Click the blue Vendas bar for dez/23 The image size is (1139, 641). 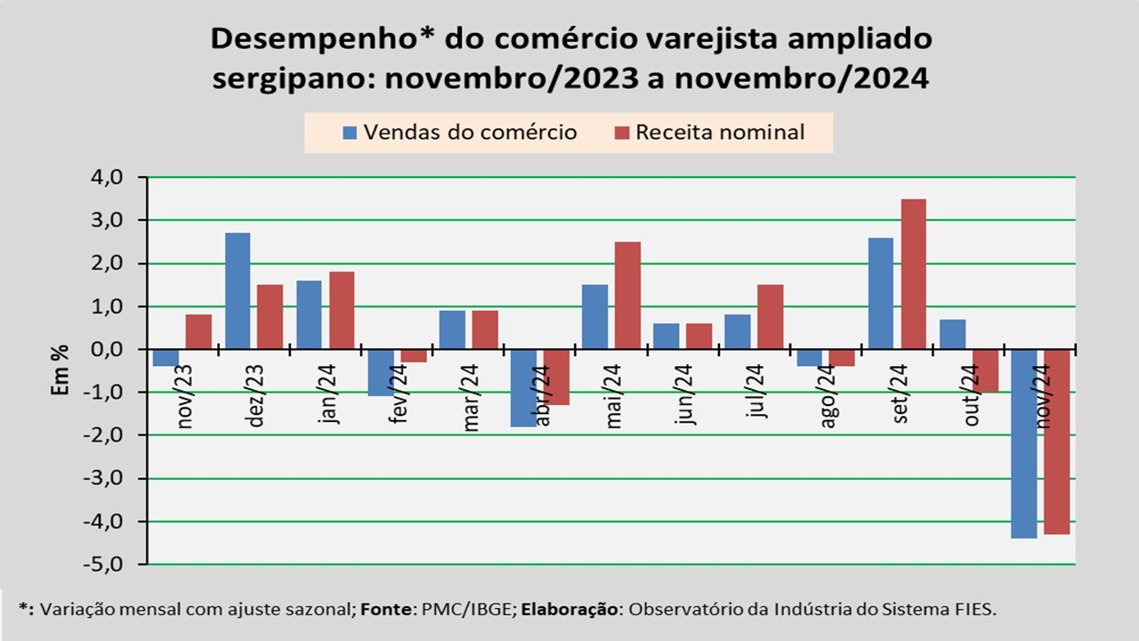(x=238, y=291)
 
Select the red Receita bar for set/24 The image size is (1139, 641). (x=913, y=274)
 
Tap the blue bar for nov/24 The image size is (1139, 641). (x=1023, y=443)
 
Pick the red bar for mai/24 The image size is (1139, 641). (x=627, y=296)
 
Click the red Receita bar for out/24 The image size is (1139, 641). (x=985, y=370)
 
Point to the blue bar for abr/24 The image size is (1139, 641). (x=523, y=387)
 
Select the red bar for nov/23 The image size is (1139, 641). (x=199, y=332)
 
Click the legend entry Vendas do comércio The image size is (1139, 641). (x=460, y=133)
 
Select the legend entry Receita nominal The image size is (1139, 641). (x=709, y=133)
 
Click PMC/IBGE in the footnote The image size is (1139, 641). (x=481, y=609)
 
